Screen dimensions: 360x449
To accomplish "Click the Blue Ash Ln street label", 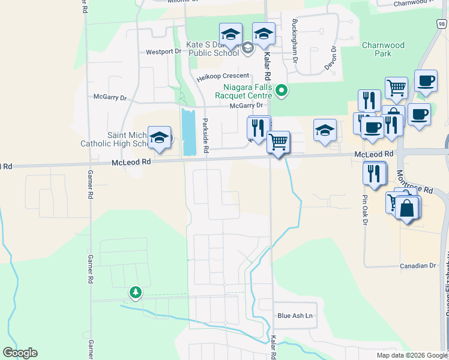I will point(295,316).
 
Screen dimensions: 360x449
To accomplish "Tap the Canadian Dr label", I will point(418,265).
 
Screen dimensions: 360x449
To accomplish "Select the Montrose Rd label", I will point(415,181).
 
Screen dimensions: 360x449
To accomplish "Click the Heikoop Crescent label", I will point(223,76).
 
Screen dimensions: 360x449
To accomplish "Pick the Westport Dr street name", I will point(163,52).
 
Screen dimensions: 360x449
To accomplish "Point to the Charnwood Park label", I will point(384,49).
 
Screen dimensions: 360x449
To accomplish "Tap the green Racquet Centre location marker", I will point(281,91).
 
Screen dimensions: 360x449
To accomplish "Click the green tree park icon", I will point(136,292).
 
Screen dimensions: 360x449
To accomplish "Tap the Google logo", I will point(20,353).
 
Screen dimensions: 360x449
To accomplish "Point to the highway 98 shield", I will point(441,23).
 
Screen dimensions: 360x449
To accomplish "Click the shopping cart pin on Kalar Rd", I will point(278,143).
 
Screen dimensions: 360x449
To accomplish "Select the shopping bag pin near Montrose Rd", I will point(407,208).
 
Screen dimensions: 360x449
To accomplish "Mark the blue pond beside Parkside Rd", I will point(188,131).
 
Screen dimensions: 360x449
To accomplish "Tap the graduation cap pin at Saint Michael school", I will point(159,138).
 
